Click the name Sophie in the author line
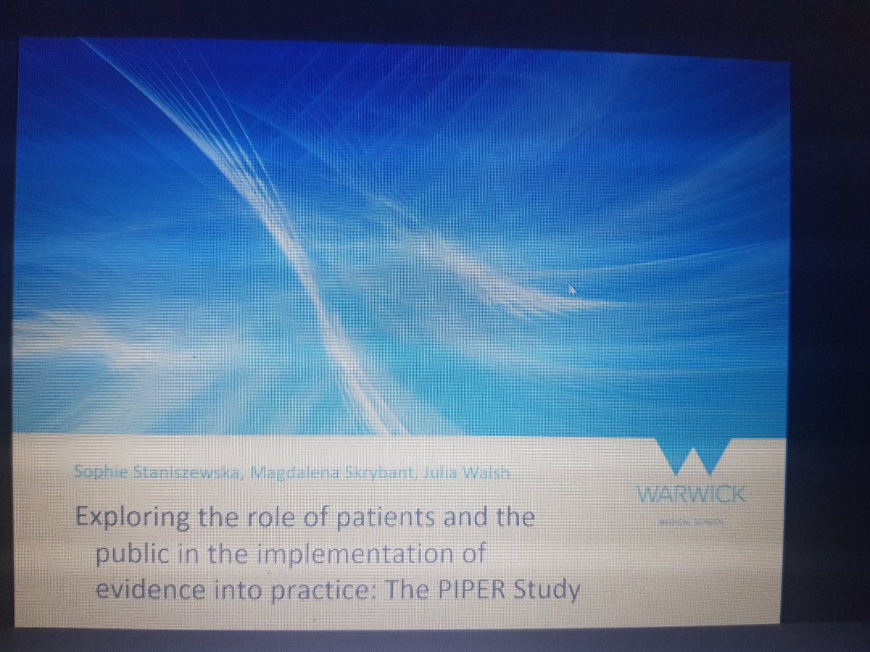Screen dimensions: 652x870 94,472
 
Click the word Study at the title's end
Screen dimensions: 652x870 550,592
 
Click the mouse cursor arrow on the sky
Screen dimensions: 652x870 573,290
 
